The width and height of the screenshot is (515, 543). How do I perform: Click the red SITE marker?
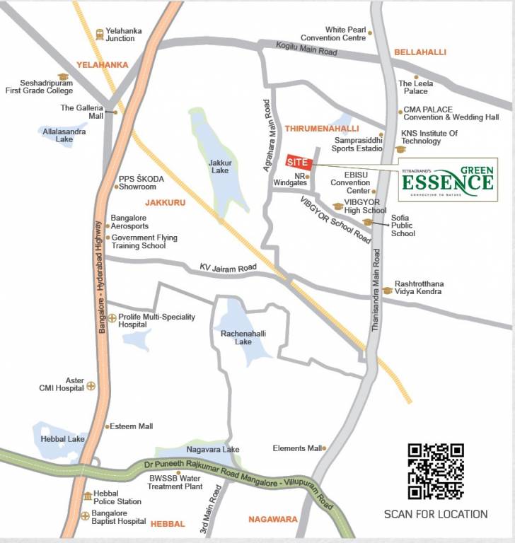(298, 161)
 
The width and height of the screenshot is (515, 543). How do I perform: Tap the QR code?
(436, 471)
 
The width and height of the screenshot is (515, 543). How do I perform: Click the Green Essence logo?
(448, 179)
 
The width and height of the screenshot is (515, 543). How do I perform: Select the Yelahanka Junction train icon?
(100, 33)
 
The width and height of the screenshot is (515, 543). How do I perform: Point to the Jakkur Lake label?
(219, 166)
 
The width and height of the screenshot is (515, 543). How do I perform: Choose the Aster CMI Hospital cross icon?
(91, 386)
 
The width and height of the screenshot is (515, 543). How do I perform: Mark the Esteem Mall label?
(132, 426)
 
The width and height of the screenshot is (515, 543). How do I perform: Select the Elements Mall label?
(297, 448)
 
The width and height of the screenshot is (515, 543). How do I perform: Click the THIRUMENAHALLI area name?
(322, 129)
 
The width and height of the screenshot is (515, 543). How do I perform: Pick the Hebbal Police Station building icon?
(88, 496)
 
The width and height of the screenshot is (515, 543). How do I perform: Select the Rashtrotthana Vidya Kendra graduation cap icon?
(387, 290)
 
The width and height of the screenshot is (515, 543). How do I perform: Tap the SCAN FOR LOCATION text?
(435, 514)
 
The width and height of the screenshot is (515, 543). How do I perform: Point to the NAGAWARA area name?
(272, 519)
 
